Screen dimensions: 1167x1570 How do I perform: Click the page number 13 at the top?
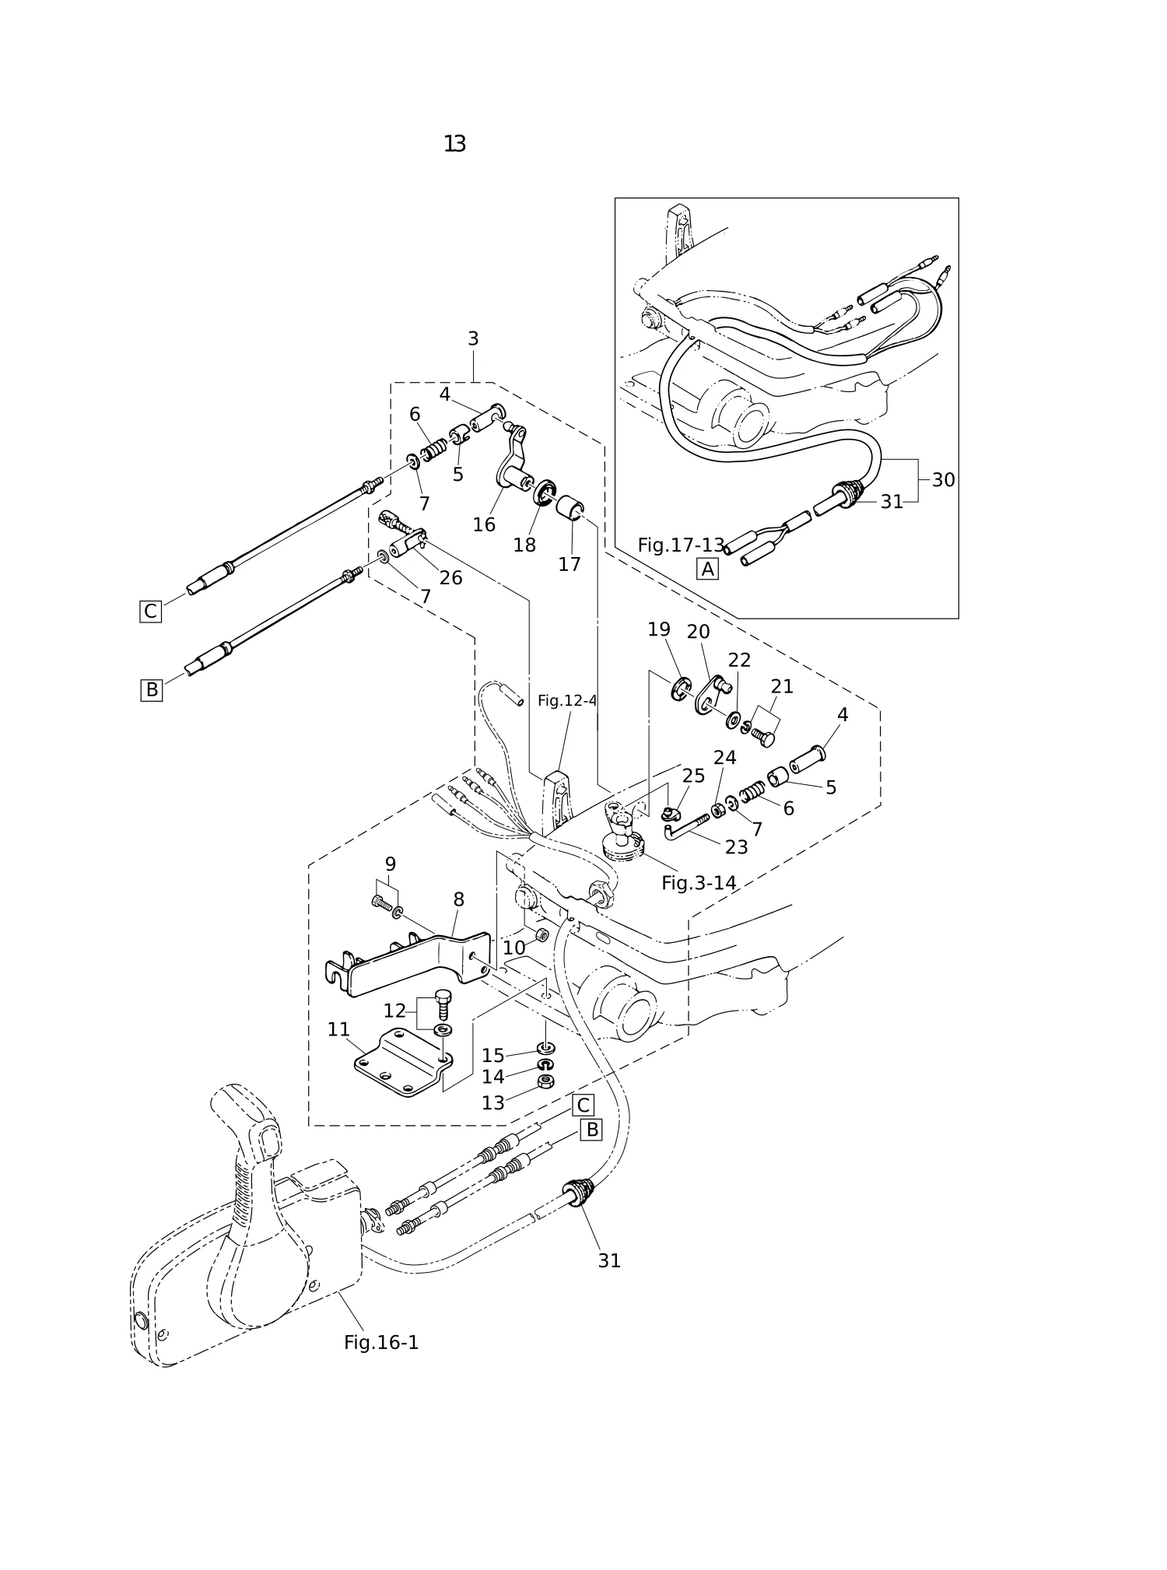(x=455, y=144)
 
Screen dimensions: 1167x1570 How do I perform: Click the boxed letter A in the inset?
(x=707, y=569)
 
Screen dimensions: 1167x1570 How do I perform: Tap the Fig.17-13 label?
(x=681, y=545)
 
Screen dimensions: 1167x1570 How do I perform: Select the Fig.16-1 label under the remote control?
(x=381, y=1343)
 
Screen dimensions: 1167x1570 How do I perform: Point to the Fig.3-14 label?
(x=699, y=883)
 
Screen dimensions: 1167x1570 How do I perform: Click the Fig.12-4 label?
(x=567, y=701)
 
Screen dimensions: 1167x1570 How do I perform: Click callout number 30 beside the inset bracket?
(x=943, y=480)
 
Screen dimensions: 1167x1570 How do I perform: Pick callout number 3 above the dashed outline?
(x=473, y=339)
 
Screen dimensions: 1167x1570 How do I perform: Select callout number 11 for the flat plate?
(x=338, y=1029)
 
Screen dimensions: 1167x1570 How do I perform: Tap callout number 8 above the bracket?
(x=458, y=900)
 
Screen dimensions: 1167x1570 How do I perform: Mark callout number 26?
(x=450, y=578)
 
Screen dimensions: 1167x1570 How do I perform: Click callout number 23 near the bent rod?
(x=736, y=847)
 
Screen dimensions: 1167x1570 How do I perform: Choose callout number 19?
(x=659, y=629)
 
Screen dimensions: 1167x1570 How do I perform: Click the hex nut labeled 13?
(x=546, y=1081)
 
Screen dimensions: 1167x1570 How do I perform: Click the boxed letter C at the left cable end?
(x=150, y=612)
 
